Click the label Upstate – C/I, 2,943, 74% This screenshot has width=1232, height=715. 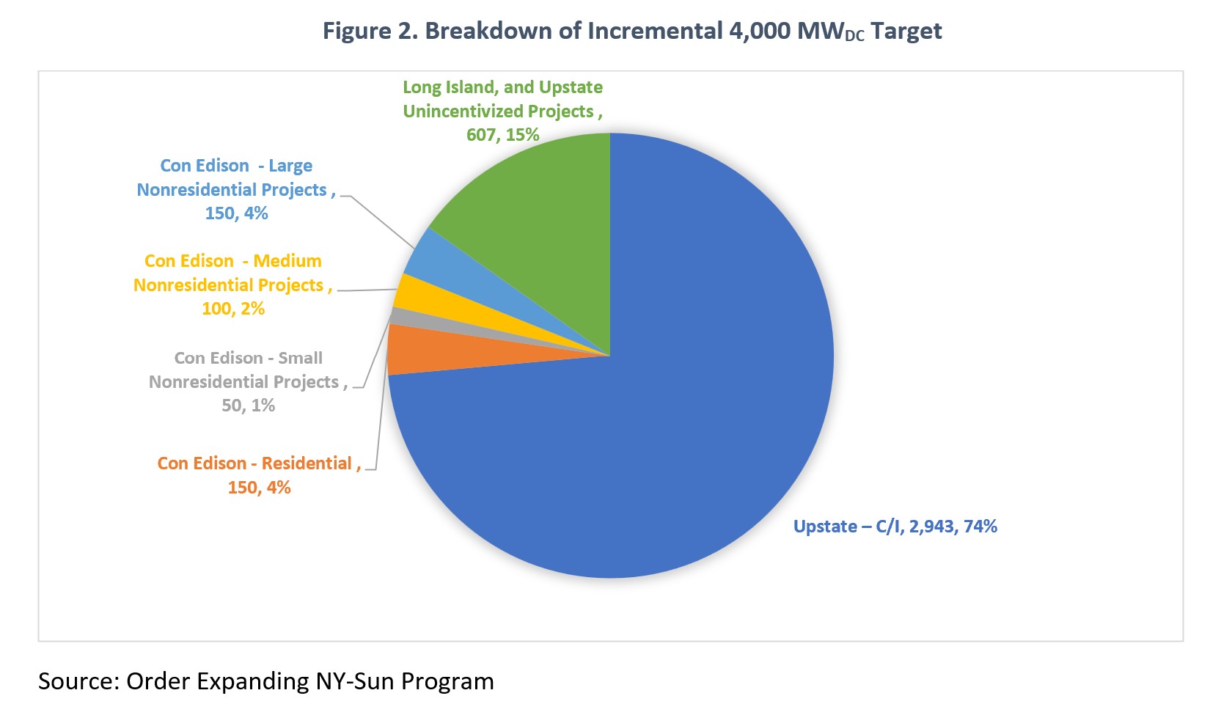[x=895, y=527]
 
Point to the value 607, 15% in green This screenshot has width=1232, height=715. [x=503, y=135]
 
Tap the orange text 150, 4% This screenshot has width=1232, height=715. [x=259, y=488]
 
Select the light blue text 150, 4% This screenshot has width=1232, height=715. [x=236, y=213]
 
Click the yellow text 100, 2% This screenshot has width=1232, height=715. [x=233, y=309]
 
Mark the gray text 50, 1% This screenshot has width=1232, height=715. [x=249, y=406]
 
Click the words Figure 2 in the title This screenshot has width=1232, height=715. [x=369, y=32]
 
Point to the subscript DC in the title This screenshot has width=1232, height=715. [x=854, y=37]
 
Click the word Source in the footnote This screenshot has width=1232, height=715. [x=77, y=681]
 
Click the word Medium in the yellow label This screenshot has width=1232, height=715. [x=287, y=261]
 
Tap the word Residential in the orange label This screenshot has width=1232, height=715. [x=307, y=463]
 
